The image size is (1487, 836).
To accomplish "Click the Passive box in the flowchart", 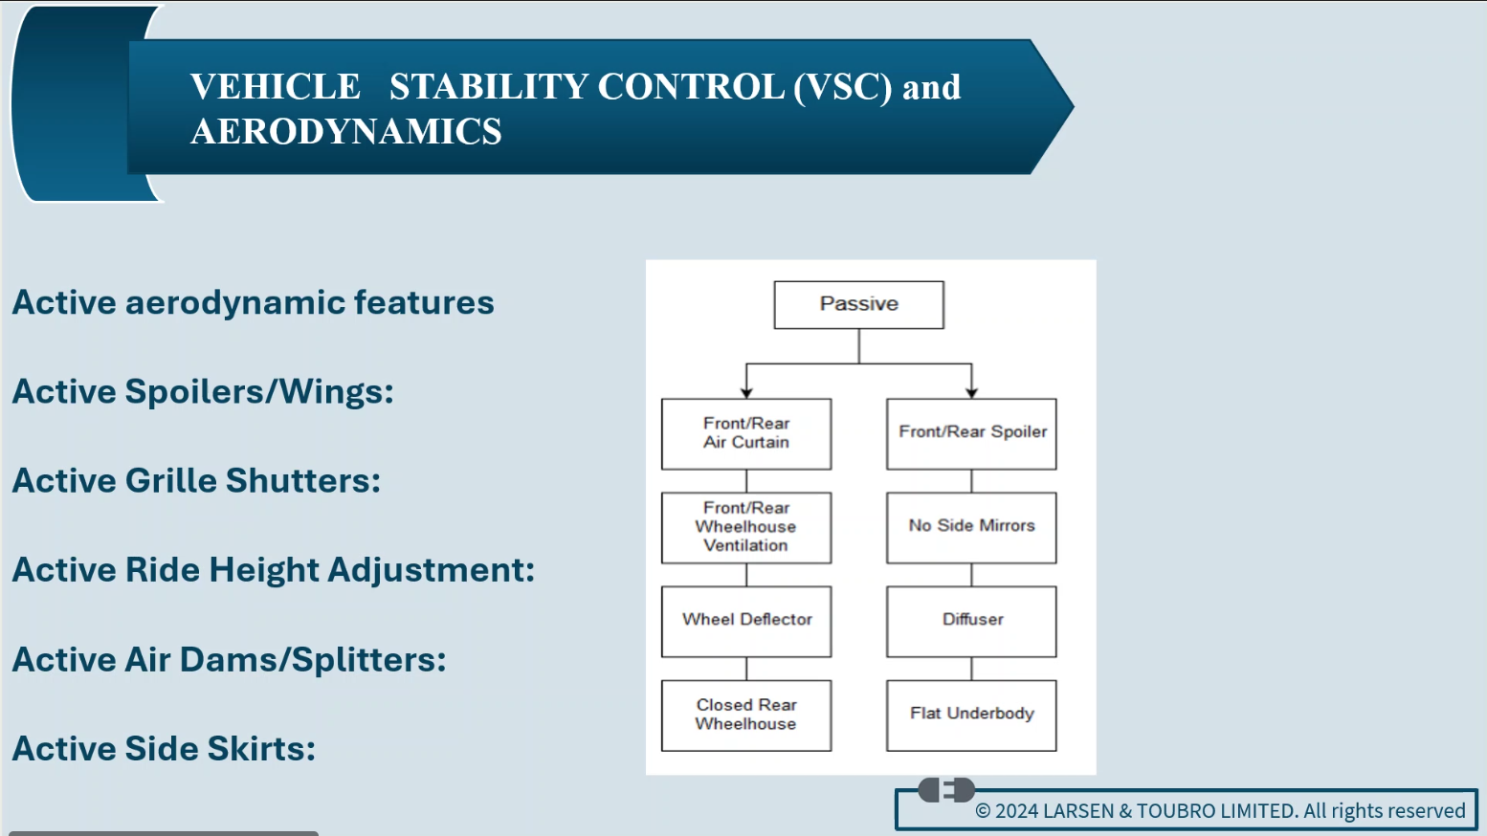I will pyautogui.click(x=858, y=304).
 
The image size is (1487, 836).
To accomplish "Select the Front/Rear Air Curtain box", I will pyautogui.click(x=746, y=433).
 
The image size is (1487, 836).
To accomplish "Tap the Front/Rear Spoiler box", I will pyautogui.click(x=971, y=433).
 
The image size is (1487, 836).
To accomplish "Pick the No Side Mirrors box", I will pyautogui.click(x=971, y=527).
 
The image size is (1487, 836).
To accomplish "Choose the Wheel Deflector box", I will pyautogui.click(x=746, y=621).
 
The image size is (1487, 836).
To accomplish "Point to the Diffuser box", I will pyautogui.click(x=971, y=621).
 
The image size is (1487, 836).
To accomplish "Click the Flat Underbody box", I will pyautogui.click(x=971, y=715).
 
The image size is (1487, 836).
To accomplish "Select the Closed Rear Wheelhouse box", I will pyautogui.click(x=746, y=715).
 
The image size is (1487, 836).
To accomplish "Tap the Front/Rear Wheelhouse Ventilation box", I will pyautogui.click(x=746, y=527).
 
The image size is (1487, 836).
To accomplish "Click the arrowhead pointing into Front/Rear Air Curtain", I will pyautogui.click(x=746, y=392).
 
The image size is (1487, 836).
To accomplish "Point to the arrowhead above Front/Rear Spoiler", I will pyautogui.click(x=971, y=392).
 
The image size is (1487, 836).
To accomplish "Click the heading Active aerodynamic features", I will pyautogui.click(x=253, y=303).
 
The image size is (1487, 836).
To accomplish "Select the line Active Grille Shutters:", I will pyautogui.click(x=196, y=481).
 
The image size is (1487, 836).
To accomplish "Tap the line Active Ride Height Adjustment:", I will pyautogui.click(x=273, y=570).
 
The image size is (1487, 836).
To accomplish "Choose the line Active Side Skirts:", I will pyautogui.click(x=164, y=749).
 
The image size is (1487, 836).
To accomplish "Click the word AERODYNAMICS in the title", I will pyautogui.click(x=345, y=132).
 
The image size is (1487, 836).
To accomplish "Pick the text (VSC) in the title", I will pyautogui.click(x=842, y=87).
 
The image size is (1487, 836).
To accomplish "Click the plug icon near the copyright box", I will pyautogui.click(x=946, y=790).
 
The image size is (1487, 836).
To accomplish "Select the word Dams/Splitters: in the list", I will pyautogui.click(x=368, y=660).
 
